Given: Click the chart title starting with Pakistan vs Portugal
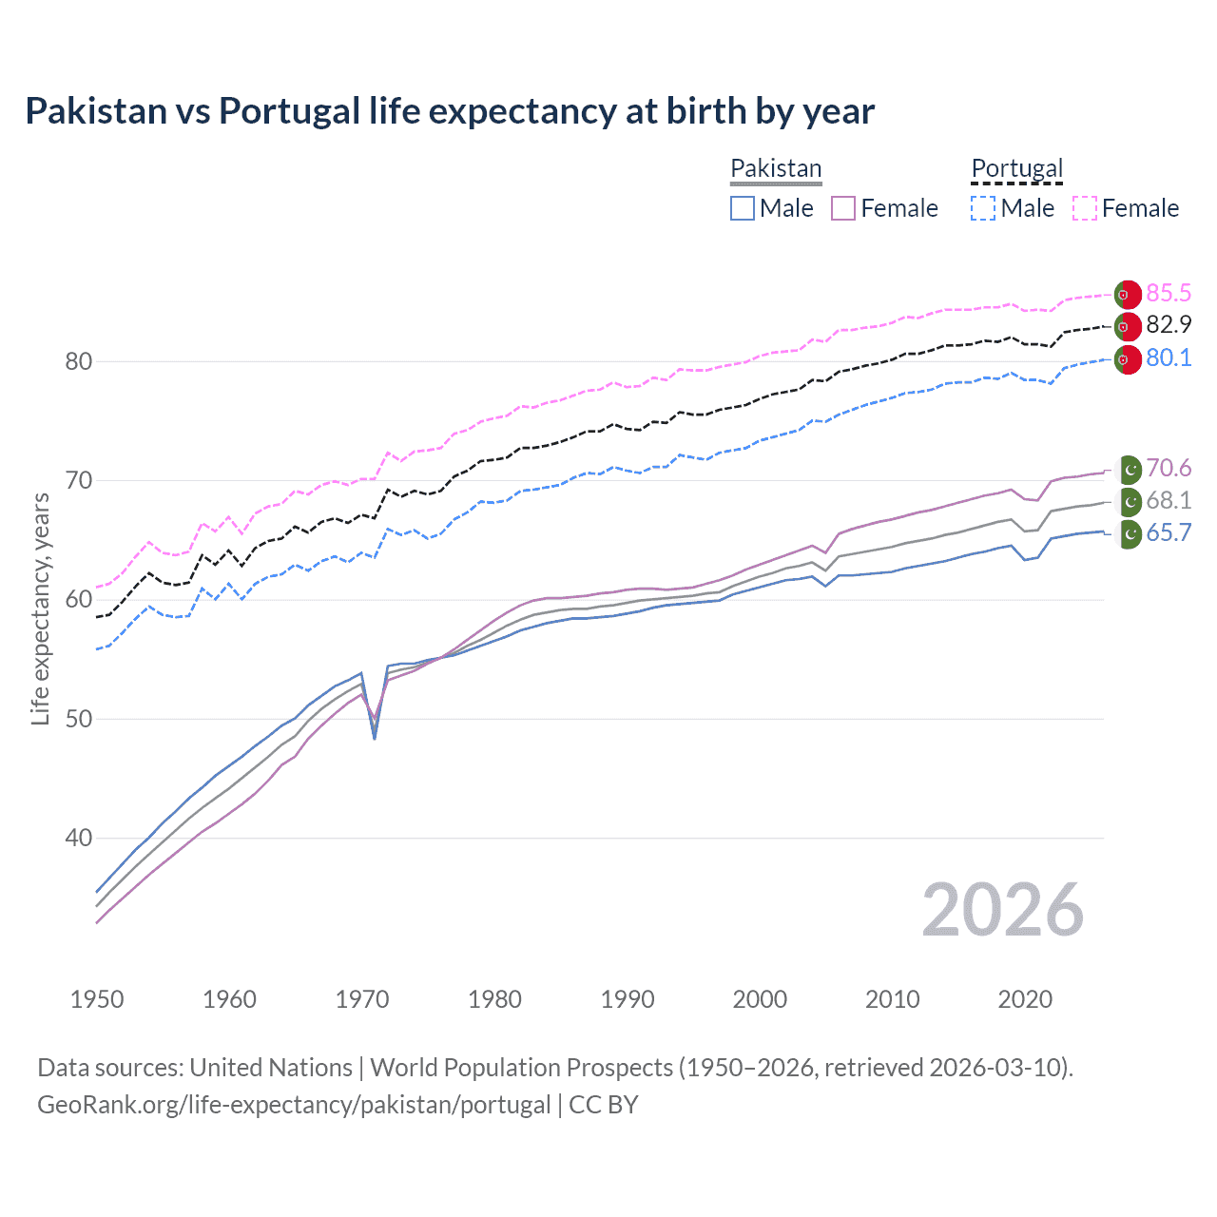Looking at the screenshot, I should [449, 111].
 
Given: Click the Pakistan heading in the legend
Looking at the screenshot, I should [776, 168].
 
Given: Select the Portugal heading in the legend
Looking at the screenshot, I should [1016, 168].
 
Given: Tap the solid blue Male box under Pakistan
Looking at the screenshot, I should [743, 208].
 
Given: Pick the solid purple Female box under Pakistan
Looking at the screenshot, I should [843, 208].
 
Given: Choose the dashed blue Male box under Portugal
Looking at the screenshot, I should [983, 208].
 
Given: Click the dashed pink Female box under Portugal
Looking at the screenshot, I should [1085, 208].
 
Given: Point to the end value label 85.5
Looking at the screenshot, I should [1169, 293].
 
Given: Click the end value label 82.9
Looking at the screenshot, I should [1169, 325].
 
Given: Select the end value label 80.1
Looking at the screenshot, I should [1169, 358].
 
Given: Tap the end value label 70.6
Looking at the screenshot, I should [1169, 468].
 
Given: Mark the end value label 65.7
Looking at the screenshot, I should [1169, 533].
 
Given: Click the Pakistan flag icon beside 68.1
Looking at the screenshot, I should [1129, 501].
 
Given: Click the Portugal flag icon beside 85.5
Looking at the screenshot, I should [1128, 295].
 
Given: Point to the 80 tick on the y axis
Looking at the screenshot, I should [79, 361].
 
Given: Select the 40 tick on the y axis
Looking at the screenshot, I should [79, 838].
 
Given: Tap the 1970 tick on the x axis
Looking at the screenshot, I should [362, 999].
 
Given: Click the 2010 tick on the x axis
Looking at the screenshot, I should [892, 999].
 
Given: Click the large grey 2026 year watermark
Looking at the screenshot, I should [1002, 910].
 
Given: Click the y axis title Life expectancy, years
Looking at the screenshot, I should [41, 608].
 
